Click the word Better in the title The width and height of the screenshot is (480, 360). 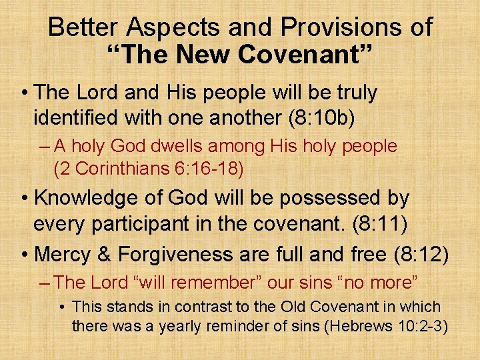click(x=84, y=27)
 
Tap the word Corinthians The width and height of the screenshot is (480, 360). click(x=131, y=169)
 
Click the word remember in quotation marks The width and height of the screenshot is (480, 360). click(x=218, y=283)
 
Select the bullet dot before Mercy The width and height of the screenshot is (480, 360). click(x=25, y=254)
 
